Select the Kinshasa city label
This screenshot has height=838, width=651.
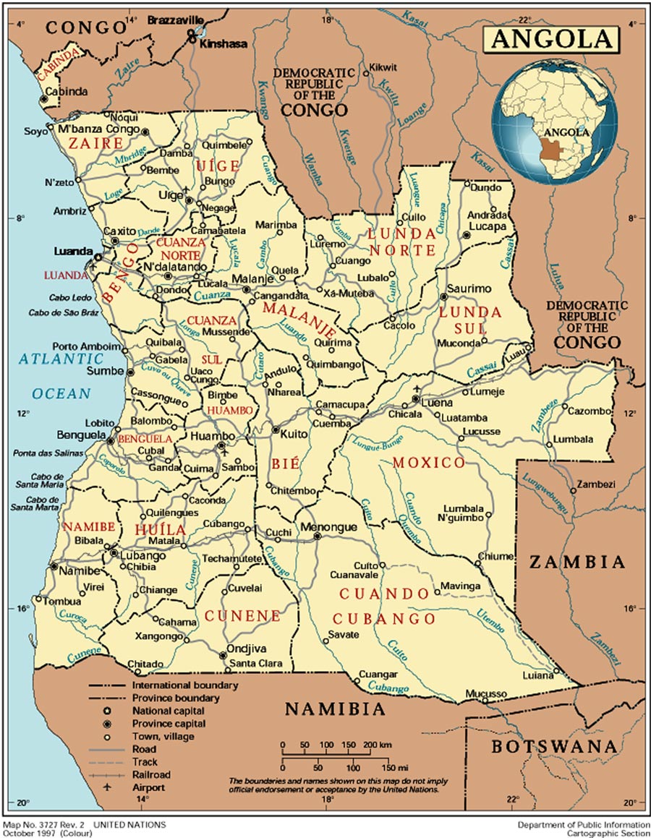tap(224, 44)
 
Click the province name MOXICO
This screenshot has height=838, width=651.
tap(429, 463)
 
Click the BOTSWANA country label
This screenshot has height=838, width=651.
tap(555, 748)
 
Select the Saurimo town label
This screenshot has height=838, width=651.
tap(469, 288)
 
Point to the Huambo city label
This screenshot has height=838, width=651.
tap(212, 436)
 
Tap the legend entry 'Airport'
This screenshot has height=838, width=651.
tap(148, 787)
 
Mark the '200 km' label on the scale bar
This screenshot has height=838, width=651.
tap(377, 745)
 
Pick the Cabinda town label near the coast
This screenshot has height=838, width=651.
tap(67, 92)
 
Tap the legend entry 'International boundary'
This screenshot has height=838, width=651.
tap(184, 685)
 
